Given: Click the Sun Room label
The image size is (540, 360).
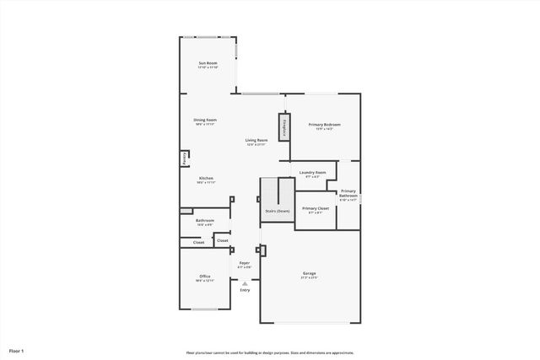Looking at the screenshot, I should point(208,64).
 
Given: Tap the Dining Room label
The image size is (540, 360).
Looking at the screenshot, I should point(205,120).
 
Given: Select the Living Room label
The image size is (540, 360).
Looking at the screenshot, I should point(256,140).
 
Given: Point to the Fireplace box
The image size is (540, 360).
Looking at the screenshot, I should point(284,126).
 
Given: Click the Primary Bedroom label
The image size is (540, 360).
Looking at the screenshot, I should point(324,124).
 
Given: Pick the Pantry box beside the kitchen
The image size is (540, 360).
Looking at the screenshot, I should point(184,158).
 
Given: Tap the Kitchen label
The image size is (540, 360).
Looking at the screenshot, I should point(206,178).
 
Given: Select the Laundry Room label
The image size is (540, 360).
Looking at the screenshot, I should point(312,173).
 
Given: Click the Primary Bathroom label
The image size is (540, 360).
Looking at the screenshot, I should point(348,193).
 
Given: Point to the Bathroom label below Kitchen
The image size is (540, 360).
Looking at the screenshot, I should point(205,221).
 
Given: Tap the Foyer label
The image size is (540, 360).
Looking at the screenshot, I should point(244,263).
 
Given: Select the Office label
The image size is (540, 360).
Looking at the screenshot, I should point(204,277).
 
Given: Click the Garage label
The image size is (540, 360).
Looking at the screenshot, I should point(310,273).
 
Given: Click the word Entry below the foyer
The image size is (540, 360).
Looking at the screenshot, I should point(245,290).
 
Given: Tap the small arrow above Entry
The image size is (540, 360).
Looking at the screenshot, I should point(245,283).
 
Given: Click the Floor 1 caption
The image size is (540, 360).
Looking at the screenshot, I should point(17,350).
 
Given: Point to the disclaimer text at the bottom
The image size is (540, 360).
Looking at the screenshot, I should point(270,353).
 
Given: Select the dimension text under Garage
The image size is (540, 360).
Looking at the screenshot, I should point(310,278).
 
